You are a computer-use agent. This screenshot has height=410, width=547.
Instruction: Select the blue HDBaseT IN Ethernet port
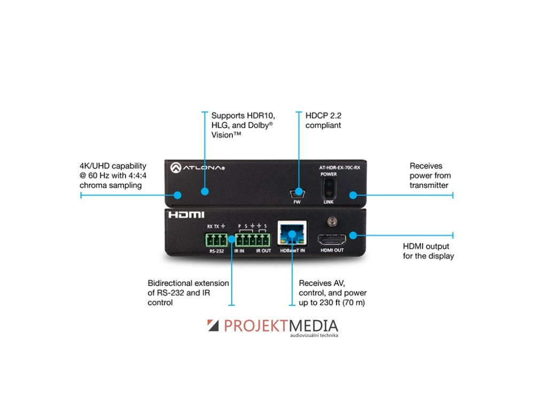(292, 234)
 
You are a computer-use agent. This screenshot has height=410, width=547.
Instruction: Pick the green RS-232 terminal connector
(216, 239)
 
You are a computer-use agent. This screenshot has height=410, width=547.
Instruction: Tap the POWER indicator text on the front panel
(329, 175)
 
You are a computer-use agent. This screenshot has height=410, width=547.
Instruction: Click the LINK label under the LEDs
(329, 203)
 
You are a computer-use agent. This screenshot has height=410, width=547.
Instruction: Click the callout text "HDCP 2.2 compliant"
(323, 120)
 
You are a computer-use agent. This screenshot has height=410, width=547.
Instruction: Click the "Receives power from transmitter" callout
(430, 176)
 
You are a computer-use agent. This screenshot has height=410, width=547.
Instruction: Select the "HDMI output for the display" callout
(428, 251)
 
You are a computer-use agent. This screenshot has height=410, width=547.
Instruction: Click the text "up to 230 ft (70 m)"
(332, 303)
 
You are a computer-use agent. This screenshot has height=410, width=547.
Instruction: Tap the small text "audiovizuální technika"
(314, 336)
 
